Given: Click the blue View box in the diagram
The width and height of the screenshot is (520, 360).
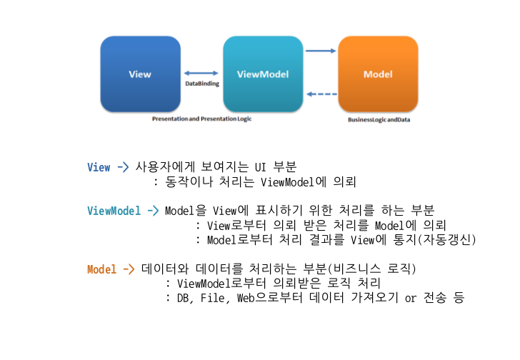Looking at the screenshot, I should coord(140,74).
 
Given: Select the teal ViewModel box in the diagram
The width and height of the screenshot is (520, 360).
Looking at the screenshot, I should coord(262,74).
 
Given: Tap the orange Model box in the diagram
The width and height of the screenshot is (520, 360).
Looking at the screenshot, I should coord(378,74).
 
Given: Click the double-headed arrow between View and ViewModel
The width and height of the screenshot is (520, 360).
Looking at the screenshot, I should coord(201,73).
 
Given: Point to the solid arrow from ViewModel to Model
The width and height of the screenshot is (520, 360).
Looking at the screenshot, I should coord(321,51).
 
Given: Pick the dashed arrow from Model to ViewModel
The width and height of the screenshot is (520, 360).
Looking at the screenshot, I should coord(321,94).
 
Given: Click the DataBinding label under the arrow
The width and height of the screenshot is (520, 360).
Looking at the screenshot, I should coord(202,84).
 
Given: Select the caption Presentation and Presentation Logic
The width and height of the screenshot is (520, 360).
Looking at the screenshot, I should coord(201,119).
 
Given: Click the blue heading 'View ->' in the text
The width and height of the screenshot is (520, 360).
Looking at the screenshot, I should coord(108,168).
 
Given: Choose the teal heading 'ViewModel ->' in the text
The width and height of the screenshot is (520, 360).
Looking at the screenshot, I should coord(123,211).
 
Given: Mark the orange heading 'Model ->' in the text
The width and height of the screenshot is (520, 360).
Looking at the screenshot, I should coord(111,269).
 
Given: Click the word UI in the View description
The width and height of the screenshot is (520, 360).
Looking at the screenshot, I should coord(261,168).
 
